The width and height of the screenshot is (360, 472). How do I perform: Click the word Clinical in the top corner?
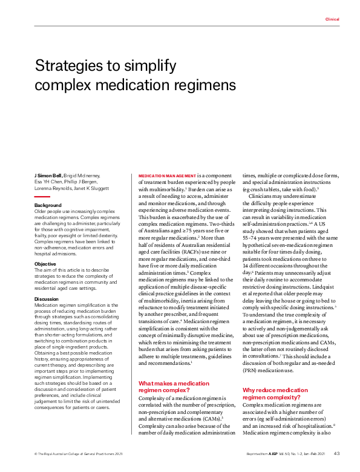(x=332, y=19)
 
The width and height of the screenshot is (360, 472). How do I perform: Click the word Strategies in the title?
(x=68, y=65)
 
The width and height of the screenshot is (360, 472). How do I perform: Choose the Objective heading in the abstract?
(x=45, y=264)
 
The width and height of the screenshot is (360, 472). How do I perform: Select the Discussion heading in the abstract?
(x=47, y=298)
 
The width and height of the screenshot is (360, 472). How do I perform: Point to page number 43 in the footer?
(x=336, y=453)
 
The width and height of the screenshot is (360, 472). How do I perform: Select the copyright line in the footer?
(x=71, y=453)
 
